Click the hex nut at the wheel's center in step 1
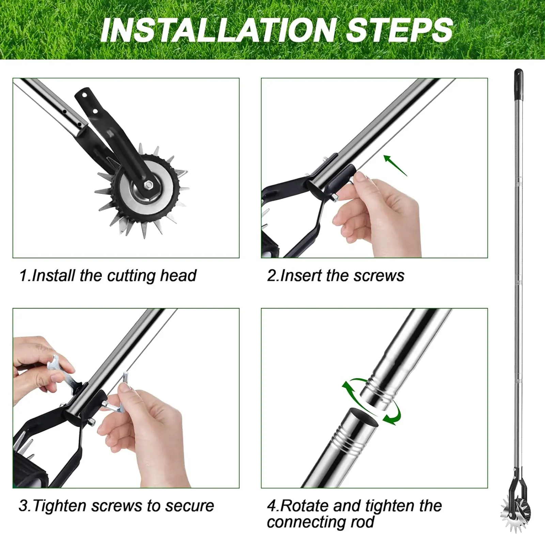click(x=148, y=185)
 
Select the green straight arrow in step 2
click(x=395, y=166)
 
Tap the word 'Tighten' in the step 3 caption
click(x=60, y=506)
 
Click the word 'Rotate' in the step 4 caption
click(x=304, y=506)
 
